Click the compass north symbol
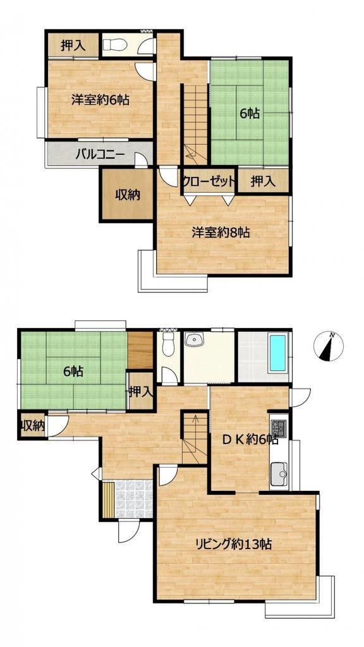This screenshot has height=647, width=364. pos(328,346)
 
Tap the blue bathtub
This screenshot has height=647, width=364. pos(277,353)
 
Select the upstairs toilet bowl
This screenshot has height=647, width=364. pos(115,45)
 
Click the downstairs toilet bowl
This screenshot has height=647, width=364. pos(168,344)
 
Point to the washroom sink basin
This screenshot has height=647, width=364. pos(194,340)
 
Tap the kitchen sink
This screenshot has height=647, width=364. pos(279,474)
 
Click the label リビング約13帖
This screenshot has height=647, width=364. pos(233,545)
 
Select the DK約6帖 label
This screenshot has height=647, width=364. pos(250,440)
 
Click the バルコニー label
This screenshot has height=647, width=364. pos(100,155)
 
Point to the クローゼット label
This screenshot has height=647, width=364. pos(209,181)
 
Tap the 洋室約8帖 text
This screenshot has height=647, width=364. pos(221,233)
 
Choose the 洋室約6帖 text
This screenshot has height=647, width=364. pos(100,100)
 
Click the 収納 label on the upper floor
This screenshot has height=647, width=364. pos(127,194)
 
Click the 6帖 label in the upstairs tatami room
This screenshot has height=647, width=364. pos(250,114)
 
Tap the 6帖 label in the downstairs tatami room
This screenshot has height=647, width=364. pos(73,372)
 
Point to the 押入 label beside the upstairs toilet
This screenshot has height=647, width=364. pos(73,45)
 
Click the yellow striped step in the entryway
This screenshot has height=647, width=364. pos(109,499)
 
